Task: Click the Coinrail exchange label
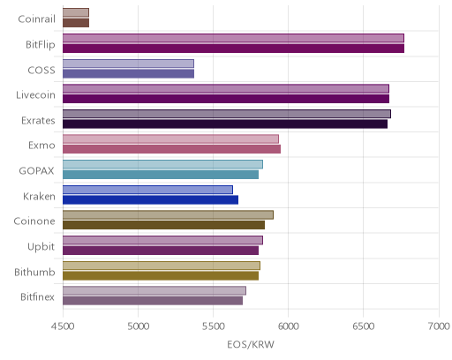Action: (x=36, y=19)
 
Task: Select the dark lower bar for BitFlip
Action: (x=233, y=49)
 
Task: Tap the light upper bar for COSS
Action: (x=128, y=64)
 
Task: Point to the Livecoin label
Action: (x=35, y=95)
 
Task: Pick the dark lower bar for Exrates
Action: (x=225, y=124)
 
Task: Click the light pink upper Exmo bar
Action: (x=170, y=139)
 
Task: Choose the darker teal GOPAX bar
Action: (x=161, y=175)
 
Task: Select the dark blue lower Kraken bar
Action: (x=150, y=200)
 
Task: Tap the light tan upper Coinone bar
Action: (x=168, y=214)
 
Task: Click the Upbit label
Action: (x=41, y=246)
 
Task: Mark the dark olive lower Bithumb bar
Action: (x=161, y=276)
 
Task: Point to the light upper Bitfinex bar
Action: (x=154, y=290)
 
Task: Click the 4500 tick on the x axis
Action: (x=63, y=326)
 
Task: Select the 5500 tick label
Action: (x=213, y=326)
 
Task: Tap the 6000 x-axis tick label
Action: (x=288, y=326)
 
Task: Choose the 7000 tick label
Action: (x=439, y=326)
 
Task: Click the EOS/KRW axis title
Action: (x=251, y=344)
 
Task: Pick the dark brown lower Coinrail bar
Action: (x=76, y=23)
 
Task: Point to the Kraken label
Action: (x=39, y=196)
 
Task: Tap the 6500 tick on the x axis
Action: (x=363, y=326)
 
